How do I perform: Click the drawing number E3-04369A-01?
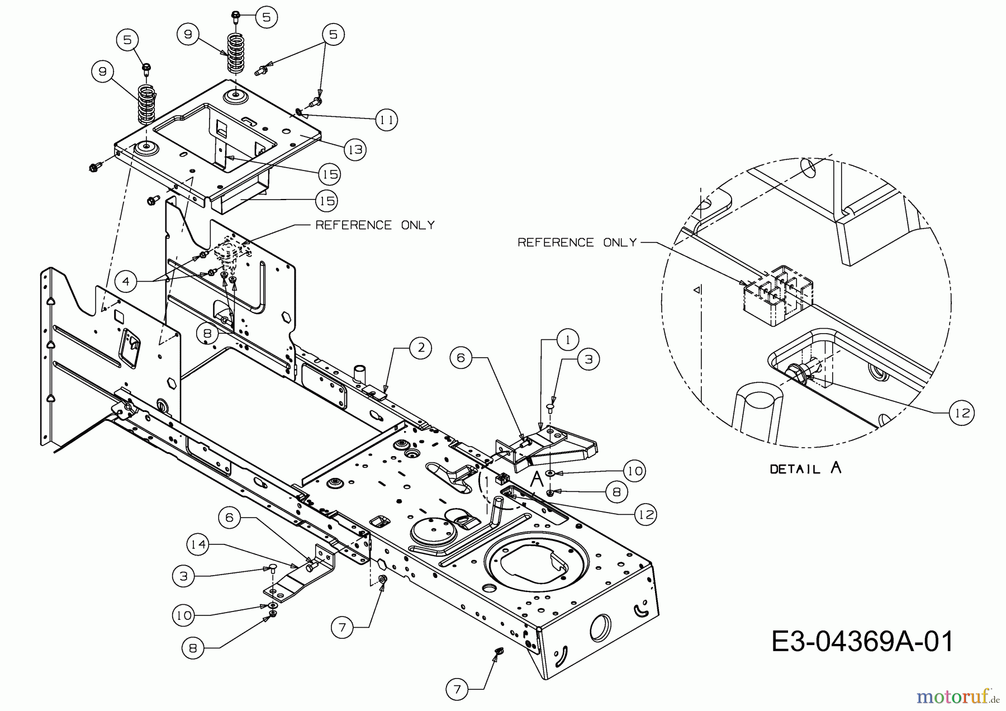point(862,642)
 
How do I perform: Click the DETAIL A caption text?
point(805,468)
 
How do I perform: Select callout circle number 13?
point(355,149)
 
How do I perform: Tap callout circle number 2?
point(420,348)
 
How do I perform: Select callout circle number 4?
point(126,281)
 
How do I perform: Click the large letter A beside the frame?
point(537,479)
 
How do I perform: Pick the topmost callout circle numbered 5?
point(266,17)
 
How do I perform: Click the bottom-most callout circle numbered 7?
point(457,690)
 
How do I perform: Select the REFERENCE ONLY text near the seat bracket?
point(375,225)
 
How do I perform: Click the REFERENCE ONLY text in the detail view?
point(577,243)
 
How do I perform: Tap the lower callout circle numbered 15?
point(328,200)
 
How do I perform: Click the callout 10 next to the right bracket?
point(634,471)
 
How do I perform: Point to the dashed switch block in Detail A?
point(776,295)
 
